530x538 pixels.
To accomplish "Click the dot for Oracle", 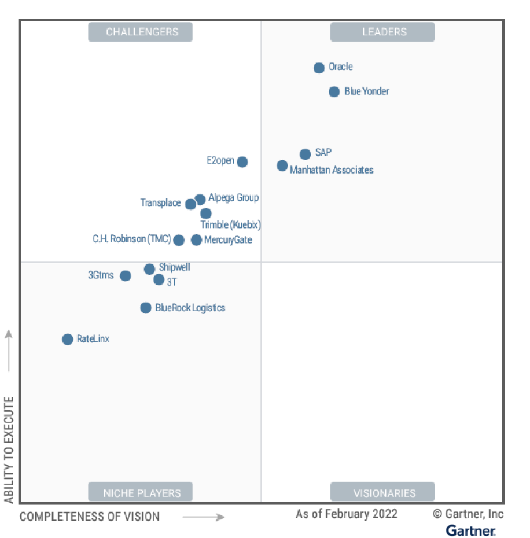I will tap(319, 68).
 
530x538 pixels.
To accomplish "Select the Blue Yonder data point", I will tap(334, 91).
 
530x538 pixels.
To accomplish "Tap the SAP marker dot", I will tap(305, 154).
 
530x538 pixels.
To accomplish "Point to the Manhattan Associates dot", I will tap(282, 165).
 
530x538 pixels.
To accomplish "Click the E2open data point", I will tap(242, 162).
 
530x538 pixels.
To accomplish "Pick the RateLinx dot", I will tap(68, 339).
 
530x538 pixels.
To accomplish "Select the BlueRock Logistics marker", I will tap(146, 308).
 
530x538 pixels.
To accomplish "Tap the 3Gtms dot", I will tap(125, 275).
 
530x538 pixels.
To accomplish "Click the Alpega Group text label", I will tap(233, 197).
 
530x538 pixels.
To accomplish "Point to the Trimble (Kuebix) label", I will tap(226, 224).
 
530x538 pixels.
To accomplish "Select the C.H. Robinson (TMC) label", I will tap(131, 239).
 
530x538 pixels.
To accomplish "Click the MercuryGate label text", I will tap(228, 239).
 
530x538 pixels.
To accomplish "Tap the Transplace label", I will tap(160, 202).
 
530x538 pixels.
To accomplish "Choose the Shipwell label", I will tap(174, 267).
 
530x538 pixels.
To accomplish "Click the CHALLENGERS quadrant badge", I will tap(140, 32).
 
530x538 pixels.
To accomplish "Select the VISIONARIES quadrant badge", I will tap(382, 493).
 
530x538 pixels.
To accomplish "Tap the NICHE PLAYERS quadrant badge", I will tap(140, 493).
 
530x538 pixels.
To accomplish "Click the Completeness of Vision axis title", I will tap(90, 516).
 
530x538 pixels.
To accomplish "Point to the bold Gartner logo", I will tap(470, 530).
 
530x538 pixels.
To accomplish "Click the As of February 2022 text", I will tap(347, 514).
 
